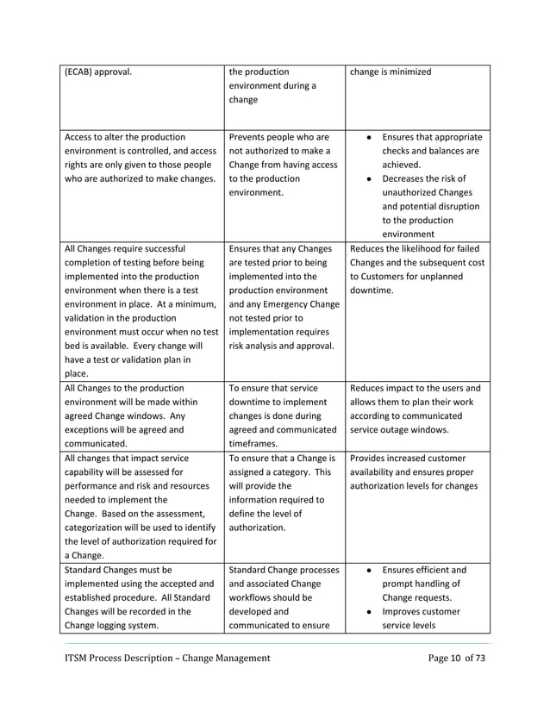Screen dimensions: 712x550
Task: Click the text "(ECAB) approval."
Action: click(x=98, y=72)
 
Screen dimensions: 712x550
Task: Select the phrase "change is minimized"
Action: click(x=391, y=72)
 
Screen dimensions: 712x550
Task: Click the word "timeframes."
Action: click(x=259, y=444)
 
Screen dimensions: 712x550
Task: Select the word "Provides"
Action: click(x=372, y=458)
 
